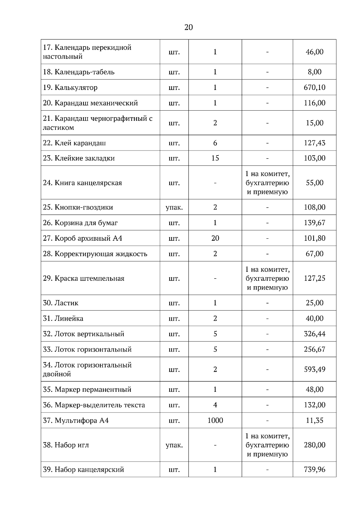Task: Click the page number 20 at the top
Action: coord(188,28)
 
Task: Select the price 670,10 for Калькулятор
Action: coord(314,88)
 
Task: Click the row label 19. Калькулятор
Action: coord(70,88)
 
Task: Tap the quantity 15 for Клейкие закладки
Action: coord(215,158)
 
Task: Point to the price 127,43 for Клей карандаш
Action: coord(314,143)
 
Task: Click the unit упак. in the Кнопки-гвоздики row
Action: coord(174,207)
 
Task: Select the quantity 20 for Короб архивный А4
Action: coord(215,238)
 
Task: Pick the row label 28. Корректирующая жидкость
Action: coord(95,254)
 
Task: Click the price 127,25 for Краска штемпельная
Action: coord(314,278)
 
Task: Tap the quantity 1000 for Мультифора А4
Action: coord(215,420)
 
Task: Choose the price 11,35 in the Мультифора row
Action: coord(314,420)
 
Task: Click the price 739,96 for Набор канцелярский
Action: coord(314,469)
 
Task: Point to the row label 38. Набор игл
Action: coord(66,445)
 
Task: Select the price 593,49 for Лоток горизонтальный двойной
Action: coord(314,369)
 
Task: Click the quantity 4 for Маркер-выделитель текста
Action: coord(215,405)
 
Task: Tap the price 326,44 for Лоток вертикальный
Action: coord(314,334)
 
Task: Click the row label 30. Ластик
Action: coord(61,303)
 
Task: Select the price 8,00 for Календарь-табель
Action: coord(314,72)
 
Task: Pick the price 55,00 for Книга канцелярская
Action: coord(314,183)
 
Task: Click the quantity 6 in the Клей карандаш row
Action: coord(215,143)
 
